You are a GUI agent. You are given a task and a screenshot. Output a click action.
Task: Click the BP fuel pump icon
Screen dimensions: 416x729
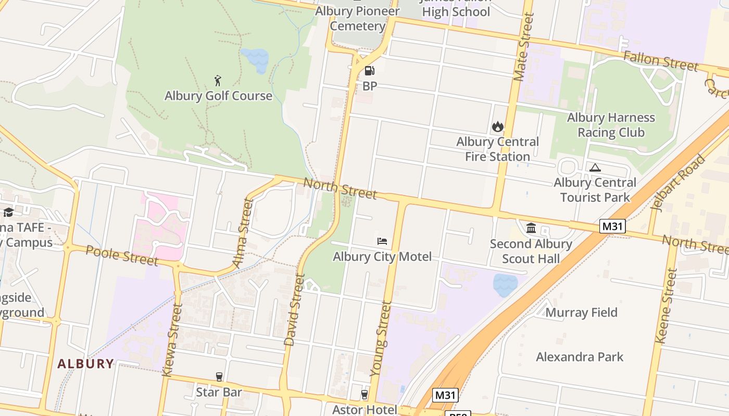[x=369, y=71]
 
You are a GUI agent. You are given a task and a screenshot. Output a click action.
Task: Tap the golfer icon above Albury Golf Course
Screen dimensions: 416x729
[x=218, y=81]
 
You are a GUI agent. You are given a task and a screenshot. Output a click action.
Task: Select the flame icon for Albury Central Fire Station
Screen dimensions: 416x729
[x=497, y=126]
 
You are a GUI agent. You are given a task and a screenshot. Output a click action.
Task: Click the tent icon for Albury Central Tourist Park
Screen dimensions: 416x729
[x=595, y=167]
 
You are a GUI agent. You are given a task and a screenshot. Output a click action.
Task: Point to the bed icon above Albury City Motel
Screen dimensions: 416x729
[x=382, y=241]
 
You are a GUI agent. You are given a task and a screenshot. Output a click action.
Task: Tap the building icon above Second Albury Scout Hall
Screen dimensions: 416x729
[x=531, y=228]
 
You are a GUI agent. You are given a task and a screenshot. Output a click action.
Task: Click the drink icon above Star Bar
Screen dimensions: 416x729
[x=219, y=376]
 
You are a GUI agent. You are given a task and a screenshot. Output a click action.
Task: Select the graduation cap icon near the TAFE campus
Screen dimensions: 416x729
[x=8, y=212]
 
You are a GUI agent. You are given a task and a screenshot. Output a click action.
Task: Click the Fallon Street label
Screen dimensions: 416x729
[x=660, y=61]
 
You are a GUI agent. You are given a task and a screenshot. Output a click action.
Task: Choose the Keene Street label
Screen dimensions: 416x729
[x=666, y=306]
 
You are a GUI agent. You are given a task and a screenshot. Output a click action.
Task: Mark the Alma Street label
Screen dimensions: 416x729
[x=243, y=233]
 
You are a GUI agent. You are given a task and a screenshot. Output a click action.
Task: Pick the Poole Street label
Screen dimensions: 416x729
[x=121, y=255]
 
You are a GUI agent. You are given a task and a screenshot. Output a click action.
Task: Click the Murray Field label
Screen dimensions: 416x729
[x=581, y=313]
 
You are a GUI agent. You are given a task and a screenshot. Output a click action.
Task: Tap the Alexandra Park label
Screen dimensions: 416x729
[x=580, y=357]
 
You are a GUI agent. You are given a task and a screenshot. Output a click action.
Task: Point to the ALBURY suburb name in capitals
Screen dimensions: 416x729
[x=85, y=363]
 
